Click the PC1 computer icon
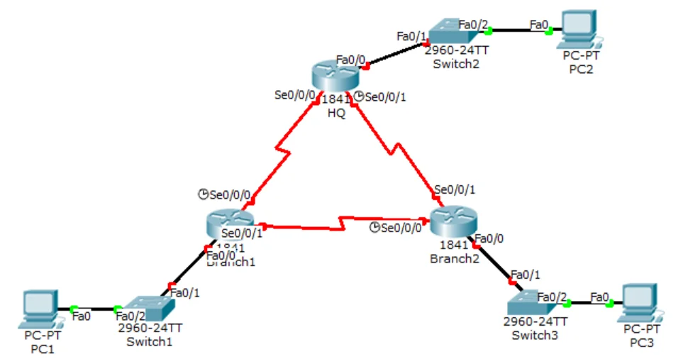point(39,308)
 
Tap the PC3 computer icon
point(639,304)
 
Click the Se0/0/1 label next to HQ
point(385,97)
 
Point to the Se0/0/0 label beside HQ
point(295,94)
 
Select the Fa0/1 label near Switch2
point(411,35)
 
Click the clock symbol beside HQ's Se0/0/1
point(358,97)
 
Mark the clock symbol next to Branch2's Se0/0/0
point(375,227)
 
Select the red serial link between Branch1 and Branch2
point(340,223)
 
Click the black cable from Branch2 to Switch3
point(494,263)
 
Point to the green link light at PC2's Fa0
point(550,31)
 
